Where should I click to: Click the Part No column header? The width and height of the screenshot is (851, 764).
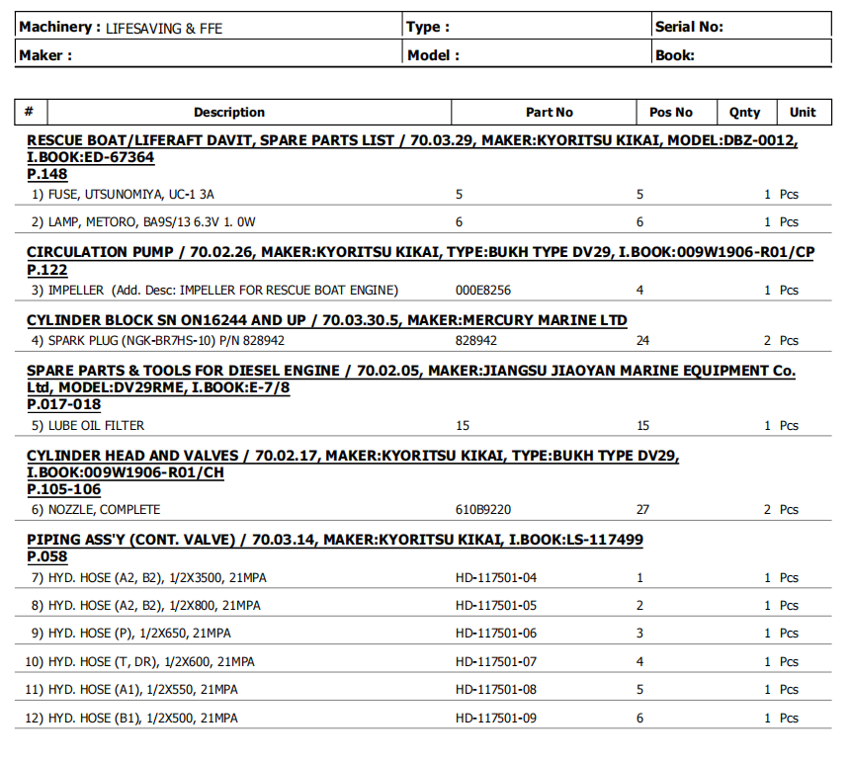[549, 113]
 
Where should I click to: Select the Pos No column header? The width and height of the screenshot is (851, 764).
[670, 113]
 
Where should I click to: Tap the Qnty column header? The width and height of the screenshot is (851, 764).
[744, 113]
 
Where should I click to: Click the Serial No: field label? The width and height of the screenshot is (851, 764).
[689, 27]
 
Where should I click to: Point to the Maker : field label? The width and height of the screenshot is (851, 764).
[45, 55]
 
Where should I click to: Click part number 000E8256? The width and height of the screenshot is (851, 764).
[483, 291]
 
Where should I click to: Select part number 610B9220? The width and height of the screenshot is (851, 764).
[483, 510]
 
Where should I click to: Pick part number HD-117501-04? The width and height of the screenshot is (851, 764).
[496, 578]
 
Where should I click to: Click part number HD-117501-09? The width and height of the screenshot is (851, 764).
[496, 719]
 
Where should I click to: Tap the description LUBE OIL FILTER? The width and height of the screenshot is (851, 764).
[96, 426]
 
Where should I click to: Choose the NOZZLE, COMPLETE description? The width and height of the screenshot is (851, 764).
[104, 510]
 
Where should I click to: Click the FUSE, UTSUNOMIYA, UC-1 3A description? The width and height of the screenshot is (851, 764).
[130, 195]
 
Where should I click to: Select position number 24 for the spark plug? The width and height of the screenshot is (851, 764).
[642, 341]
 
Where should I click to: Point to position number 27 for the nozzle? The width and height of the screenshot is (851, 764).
[642, 510]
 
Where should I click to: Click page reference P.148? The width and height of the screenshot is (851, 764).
[46, 175]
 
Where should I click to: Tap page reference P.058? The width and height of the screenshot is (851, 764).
[46, 558]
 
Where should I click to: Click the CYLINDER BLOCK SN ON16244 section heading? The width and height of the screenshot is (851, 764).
[326, 320]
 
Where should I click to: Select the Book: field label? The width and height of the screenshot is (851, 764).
[675, 55]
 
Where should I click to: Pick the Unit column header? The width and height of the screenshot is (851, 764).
[803, 113]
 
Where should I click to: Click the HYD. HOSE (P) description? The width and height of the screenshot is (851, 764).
[139, 634]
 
